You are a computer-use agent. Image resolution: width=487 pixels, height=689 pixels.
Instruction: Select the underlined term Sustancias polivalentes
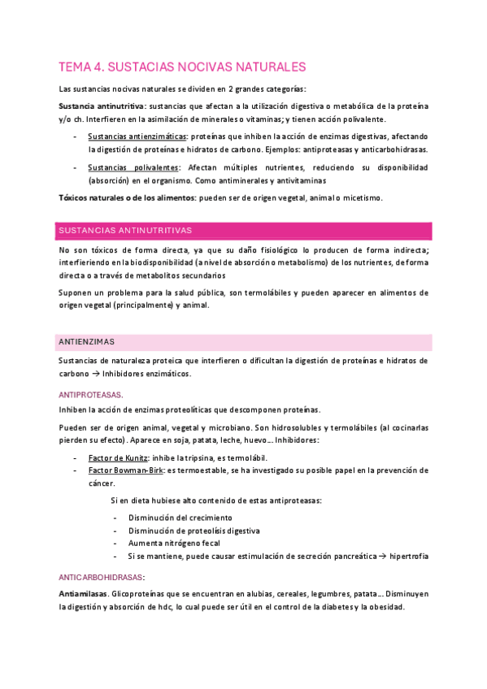[134, 167]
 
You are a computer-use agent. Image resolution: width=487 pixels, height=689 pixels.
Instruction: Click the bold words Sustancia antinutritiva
[102, 106]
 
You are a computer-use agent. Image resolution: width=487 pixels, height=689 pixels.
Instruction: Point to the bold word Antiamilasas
[84, 594]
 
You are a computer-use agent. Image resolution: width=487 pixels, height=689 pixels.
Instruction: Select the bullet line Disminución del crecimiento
[180, 518]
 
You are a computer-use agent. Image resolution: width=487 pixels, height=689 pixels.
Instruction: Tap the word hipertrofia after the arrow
[409, 557]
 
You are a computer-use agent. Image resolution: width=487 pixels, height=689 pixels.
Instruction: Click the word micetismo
[360, 197]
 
